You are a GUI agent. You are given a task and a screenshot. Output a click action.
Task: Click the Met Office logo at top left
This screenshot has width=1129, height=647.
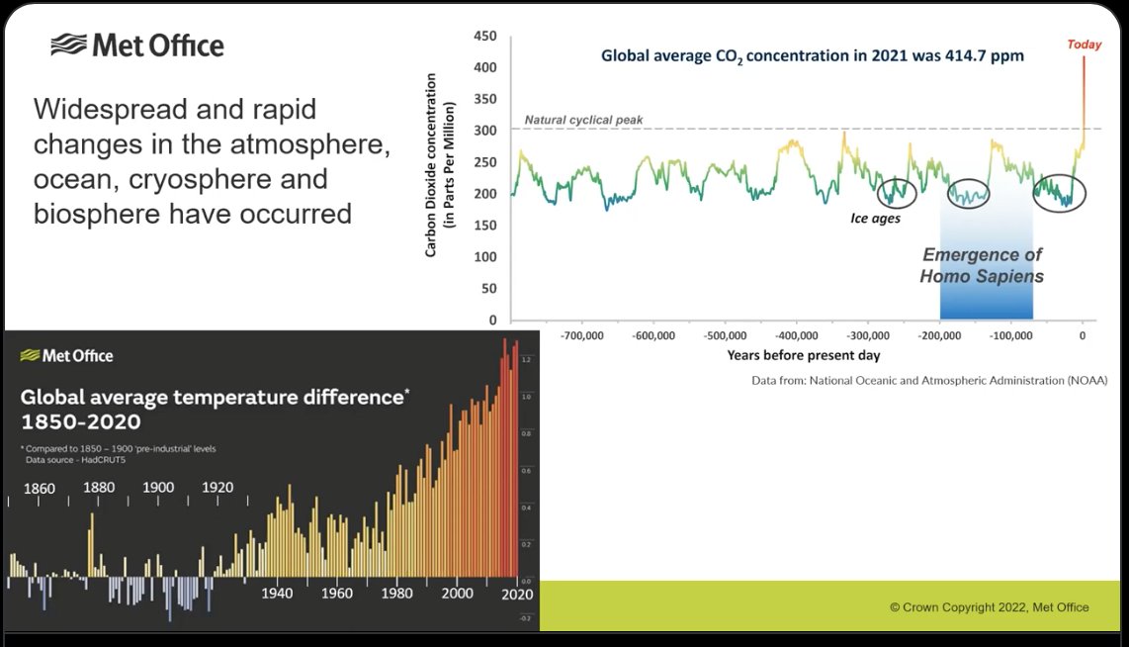pos(137,45)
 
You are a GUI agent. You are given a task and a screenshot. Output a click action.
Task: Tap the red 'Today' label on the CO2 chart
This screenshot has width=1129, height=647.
pos(1084,44)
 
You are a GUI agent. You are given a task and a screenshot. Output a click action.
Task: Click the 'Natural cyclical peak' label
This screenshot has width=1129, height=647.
pos(583,120)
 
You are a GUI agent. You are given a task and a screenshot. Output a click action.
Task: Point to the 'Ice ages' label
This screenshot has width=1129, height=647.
pos(875,218)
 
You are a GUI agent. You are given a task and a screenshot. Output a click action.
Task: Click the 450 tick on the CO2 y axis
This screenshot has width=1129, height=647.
pos(484,36)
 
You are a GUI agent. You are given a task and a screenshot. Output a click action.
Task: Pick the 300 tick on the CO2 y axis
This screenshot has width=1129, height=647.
pos(484,131)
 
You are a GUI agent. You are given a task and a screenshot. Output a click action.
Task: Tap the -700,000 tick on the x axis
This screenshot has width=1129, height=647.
pos(581,335)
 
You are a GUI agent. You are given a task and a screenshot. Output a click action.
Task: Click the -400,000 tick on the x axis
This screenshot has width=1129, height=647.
pos(796,335)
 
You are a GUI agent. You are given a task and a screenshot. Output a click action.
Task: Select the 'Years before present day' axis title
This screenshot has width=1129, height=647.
pos(803,354)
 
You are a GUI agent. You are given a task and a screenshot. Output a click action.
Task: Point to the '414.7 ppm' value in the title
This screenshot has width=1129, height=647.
pos(984,56)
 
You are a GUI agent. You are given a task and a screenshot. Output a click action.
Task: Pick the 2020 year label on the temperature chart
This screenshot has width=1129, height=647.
pos(516,595)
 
